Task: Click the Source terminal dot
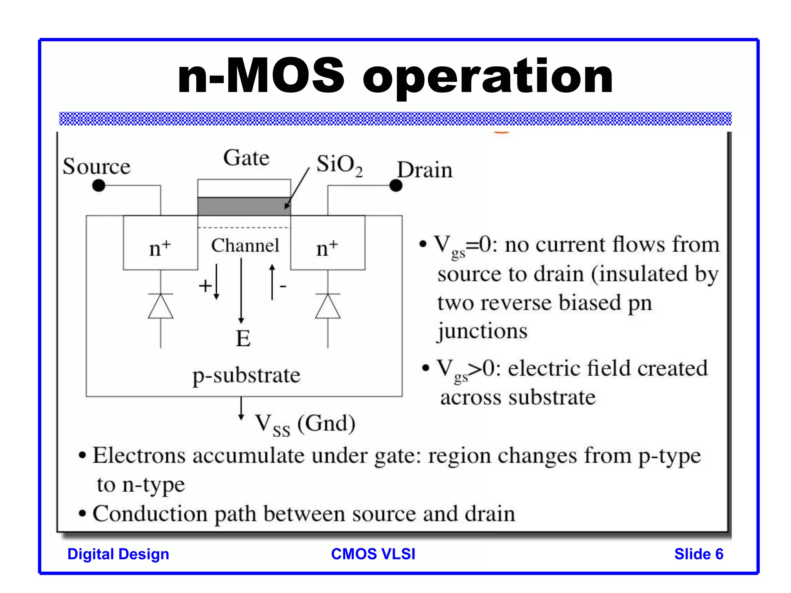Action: point(99,186)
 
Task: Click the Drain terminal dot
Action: point(396,186)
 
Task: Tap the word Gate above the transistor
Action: point(246,158)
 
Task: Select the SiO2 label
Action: point(339,165)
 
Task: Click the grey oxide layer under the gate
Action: point(244,207)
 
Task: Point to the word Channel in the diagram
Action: point(245,246)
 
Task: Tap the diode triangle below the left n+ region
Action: point(161,307)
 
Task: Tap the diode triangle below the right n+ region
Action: point(328,307)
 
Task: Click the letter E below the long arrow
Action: point(243,339)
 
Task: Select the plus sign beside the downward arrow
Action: point(205,286)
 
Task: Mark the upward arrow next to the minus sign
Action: point(272,282)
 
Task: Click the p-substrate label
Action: point(246,375)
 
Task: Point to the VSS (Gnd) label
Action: point(305,424)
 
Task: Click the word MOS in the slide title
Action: point(285,76)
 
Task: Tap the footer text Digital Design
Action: point(118,554)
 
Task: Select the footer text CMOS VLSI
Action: point(373,554)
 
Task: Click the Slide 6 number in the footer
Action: point(699,554)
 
